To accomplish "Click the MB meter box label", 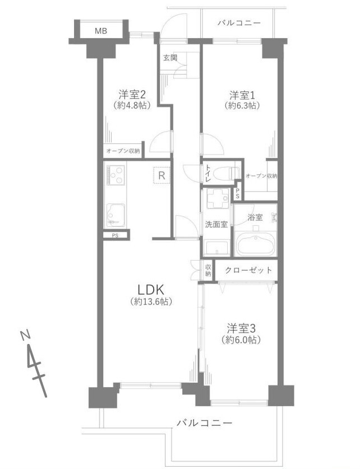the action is click(101, 31).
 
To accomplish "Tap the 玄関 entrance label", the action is click(170, 58).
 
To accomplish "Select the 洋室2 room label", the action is click(132, 95).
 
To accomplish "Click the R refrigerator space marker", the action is click(161, 175).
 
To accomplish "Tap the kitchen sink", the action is click(116, 215).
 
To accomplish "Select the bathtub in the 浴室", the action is click(255, 244).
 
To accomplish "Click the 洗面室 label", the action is click(216, 224).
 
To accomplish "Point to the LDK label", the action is click(150, 290).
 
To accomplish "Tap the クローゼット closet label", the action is click(248, 271).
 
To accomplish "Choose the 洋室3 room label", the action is click(241, 329).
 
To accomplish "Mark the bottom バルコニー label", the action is click(204, 423).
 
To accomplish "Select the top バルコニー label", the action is click(239, 23).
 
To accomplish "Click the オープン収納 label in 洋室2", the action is click(123, 151).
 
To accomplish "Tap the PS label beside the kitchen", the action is click(115, 235).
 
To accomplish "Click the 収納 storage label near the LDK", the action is click(208, 270).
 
